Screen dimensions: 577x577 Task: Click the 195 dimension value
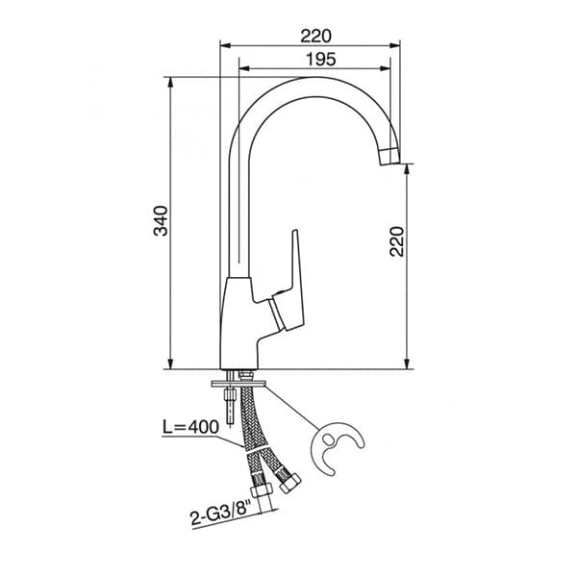(x=321, y=59)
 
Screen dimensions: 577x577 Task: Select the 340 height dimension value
(x=161, y=221)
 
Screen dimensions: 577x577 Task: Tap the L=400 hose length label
(x=190, y=427)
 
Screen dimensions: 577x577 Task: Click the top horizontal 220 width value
(x=315, y=37)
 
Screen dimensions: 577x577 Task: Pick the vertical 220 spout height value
(x=396, y=241)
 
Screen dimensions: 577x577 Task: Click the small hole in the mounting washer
(x=328, y=439)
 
